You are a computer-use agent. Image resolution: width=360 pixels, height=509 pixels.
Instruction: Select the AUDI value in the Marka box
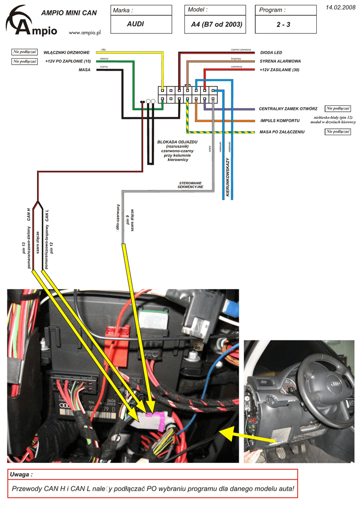click(135, 24)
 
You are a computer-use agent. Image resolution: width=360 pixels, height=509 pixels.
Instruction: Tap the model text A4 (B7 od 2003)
click(216, 24)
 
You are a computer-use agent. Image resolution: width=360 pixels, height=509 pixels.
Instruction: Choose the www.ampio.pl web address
click(85, 32)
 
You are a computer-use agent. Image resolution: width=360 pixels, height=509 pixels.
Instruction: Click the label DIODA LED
click(271, 53)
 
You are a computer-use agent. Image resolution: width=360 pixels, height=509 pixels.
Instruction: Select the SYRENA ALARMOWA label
click(280, 61)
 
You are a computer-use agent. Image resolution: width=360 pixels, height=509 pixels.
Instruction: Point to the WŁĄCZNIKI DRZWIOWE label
click(67, 52)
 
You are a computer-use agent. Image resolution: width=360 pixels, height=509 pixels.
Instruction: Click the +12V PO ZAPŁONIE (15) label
click(68, 61)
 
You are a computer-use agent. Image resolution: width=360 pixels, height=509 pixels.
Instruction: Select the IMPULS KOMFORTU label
click(280, 121)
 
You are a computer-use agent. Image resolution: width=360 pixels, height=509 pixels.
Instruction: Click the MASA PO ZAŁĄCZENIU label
click(282, 132)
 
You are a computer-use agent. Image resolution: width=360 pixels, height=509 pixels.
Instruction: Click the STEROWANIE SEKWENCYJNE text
click(190, 185)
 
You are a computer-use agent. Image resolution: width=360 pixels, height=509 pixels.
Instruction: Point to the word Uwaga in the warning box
click(21, 475)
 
